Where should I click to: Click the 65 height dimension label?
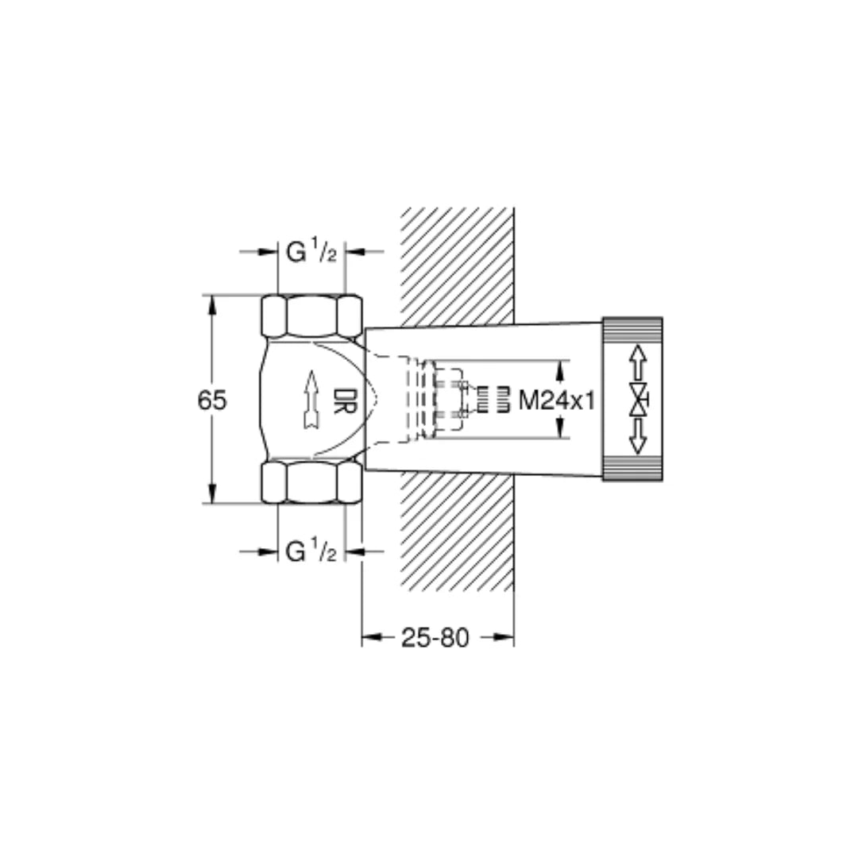coord(212,400)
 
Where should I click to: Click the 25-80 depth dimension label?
coord(435,637)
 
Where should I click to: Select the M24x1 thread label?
coord(557,400)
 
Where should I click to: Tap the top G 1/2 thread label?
coord(311,252)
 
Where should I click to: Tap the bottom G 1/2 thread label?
coord(311,551)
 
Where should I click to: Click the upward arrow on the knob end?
coord(638,363)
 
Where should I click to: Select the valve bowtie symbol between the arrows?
coord(638,400)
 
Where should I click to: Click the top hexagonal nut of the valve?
coord(311,315)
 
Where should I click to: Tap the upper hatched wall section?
coord(457,266)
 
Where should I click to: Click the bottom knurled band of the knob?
coord(632,470)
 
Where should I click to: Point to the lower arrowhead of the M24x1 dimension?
coord(560,430)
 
